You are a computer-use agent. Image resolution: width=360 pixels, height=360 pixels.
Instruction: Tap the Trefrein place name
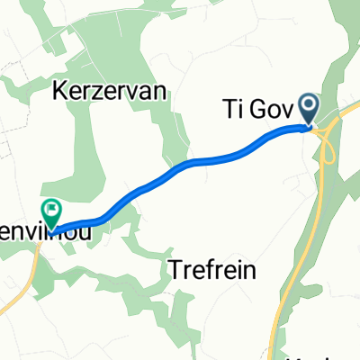[213, 269]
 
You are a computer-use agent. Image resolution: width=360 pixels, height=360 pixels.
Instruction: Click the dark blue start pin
[309, 109]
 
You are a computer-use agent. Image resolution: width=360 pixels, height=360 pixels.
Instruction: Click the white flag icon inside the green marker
[52, 211]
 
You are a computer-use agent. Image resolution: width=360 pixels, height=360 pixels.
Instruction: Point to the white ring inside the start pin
[309, 106]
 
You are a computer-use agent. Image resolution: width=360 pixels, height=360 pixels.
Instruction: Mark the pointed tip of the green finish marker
[52, 230]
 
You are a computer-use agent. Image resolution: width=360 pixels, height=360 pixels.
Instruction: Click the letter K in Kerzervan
[60, 90]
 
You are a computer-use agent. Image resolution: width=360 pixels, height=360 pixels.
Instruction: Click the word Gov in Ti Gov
[269, 112]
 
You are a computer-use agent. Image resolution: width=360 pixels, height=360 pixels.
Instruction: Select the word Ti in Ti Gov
[231, 112]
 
